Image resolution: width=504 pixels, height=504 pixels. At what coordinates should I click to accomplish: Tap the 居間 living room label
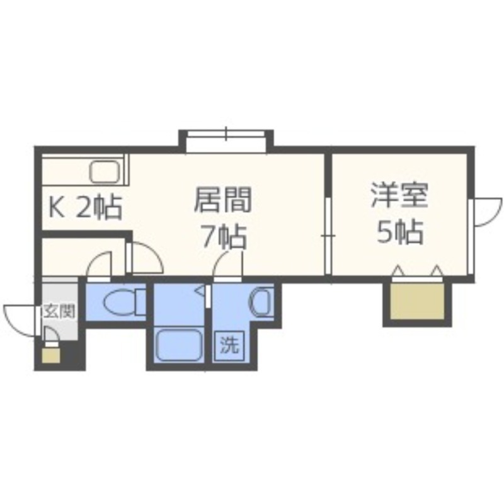pyautogui.click(x=223, y=201)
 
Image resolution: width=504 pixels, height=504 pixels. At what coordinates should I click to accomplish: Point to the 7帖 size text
pyautogui.click(x=223, y=237)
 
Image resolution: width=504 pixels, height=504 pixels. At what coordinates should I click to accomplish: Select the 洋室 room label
pyautogui.click(x=399, y=196)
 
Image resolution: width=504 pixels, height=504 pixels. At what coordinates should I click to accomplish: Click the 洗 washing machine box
pyautogui.click(x=229, y=345)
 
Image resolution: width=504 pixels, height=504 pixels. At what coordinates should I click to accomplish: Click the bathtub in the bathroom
pyautogui.click(x=179, y=345)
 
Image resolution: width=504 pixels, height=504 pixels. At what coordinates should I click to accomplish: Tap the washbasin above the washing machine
pyautogui.click(x=259, y=302)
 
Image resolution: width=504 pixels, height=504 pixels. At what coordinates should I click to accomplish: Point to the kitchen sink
pyautogui.click(x=105, y=171)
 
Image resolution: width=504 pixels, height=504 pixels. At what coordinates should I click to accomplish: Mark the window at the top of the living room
pyautogui.click(x=226, y=140)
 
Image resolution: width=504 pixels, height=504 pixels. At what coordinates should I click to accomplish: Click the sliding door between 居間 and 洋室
pyautogui.click(x=328, y=235)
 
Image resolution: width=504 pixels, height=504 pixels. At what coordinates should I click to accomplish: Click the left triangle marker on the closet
pyautogui.click(x=398, y=271)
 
